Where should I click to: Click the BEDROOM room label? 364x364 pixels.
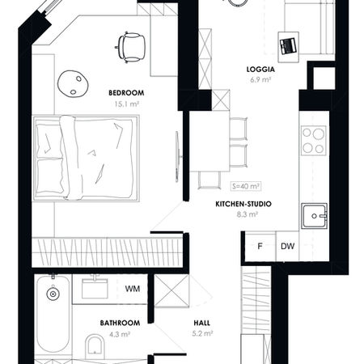point(126,93)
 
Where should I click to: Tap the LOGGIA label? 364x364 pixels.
point(260,70)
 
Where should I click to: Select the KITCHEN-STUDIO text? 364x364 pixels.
point(243,204)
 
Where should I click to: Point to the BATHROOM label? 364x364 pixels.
point(120,323)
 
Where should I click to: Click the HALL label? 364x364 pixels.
point(201,323)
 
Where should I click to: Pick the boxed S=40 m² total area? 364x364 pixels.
point(246,186)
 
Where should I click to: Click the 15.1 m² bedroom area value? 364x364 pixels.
point(126,104)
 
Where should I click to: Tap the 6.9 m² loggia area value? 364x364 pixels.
point(260,80)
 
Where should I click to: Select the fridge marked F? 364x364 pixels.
point(260,246)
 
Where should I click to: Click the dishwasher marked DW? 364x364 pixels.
point(287,246)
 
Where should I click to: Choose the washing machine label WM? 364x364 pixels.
point(133,289)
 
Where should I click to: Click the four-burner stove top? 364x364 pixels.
point(313,141)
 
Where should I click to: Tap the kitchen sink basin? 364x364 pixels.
point(314,216)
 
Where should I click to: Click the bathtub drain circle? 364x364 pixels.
point(53,294)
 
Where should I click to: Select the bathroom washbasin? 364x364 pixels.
point(95,289)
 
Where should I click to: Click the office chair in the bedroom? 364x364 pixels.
point(130,48)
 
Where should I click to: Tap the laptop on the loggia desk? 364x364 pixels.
point(288,46)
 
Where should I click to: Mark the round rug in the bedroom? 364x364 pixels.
point(73,83)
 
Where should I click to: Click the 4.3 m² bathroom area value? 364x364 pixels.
point(120,334)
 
